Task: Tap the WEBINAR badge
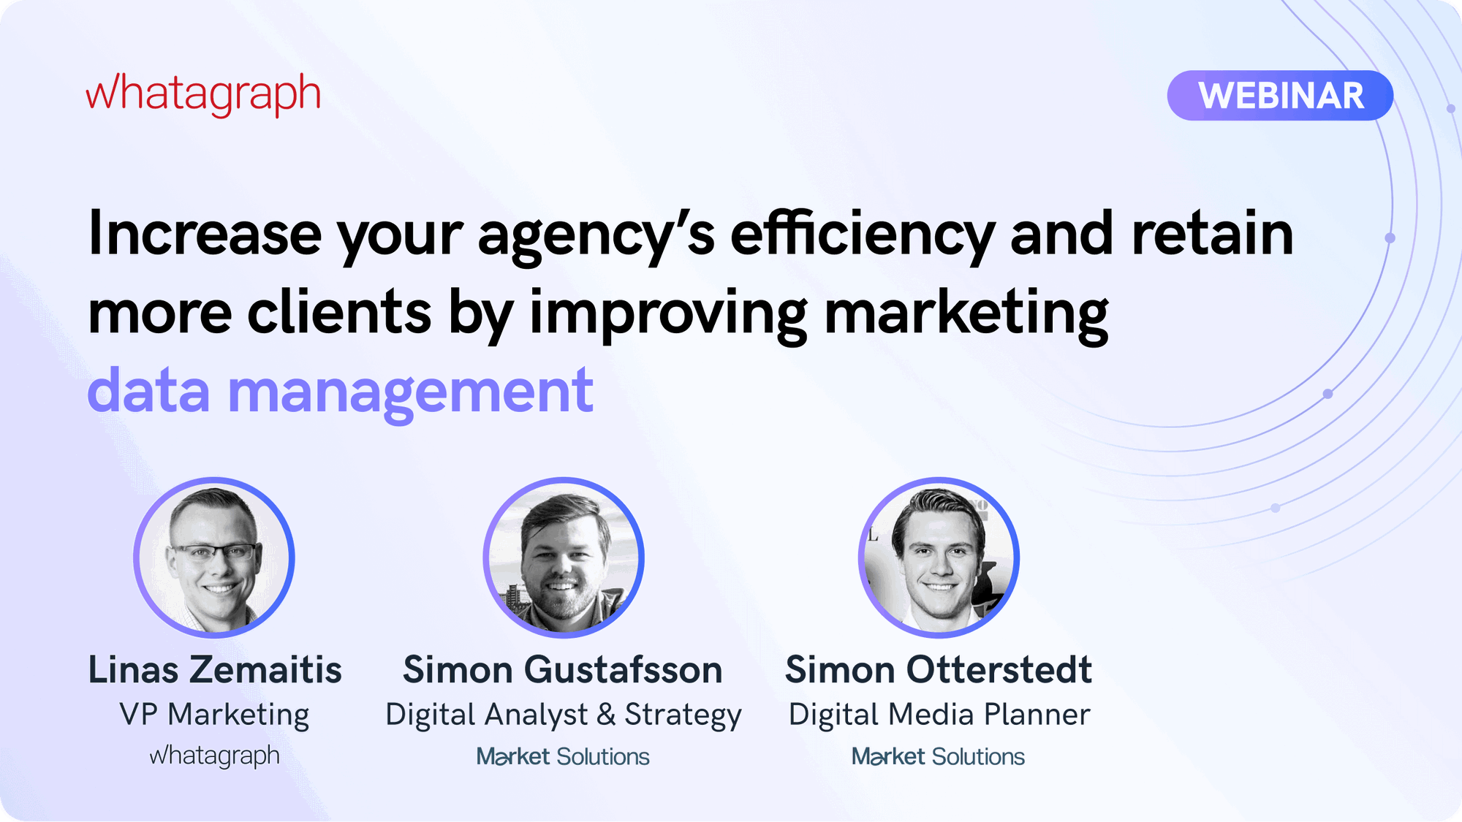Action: point(1280,96)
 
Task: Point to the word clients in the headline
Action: point(339,313)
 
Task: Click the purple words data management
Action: point(340,392)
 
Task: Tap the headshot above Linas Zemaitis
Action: point(214,557)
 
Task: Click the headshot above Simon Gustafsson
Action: point(564,557)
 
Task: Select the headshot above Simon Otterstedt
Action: point(939,557)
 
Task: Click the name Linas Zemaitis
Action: point(215,670)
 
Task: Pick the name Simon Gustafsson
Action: point(563,670)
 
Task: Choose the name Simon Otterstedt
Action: point(939,670)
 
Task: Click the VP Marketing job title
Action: point(214,715)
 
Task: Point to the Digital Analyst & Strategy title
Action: point(563,715)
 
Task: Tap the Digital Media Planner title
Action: point(939,715)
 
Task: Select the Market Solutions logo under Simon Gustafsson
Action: point(563,756)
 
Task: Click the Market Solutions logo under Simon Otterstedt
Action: point(939,756)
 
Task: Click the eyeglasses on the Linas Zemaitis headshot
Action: point(214,552)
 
